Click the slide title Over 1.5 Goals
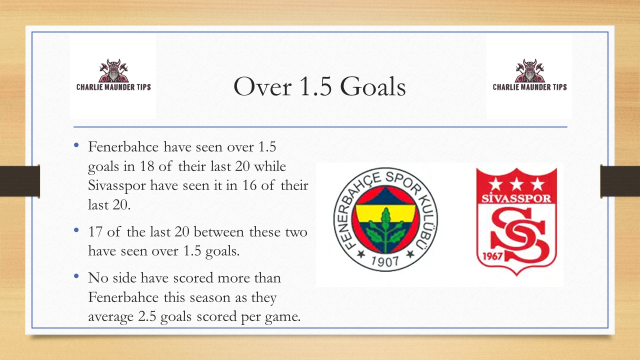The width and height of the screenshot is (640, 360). click(319, 87)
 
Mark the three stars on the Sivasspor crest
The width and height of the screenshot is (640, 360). click(517, 185)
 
